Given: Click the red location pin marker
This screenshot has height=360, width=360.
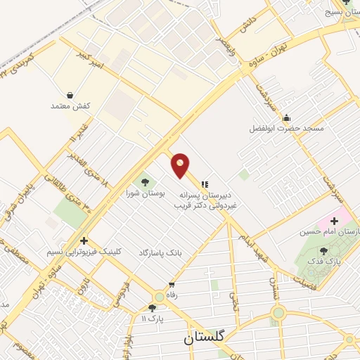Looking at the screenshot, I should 181,165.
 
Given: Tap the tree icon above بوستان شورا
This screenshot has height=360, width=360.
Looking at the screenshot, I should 145,181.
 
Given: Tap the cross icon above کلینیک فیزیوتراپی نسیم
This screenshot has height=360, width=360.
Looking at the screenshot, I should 84,240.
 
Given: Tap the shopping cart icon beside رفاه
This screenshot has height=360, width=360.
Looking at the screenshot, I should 171,285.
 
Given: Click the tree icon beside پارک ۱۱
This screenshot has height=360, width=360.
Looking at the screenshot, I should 152,307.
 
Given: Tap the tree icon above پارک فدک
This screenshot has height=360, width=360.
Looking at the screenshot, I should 323,250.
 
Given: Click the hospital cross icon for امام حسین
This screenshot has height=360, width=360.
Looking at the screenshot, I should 334,221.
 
